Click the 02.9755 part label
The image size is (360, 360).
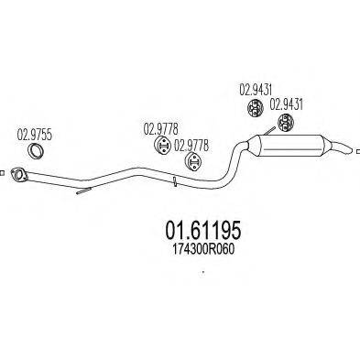34,131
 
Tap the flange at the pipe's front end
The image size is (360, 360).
17,172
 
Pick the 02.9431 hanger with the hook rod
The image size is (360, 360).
286,124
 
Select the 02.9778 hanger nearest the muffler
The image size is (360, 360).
192,161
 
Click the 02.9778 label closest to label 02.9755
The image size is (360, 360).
159,128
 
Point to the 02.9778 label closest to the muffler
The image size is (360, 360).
191,144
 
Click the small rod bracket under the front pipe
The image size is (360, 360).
83,191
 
